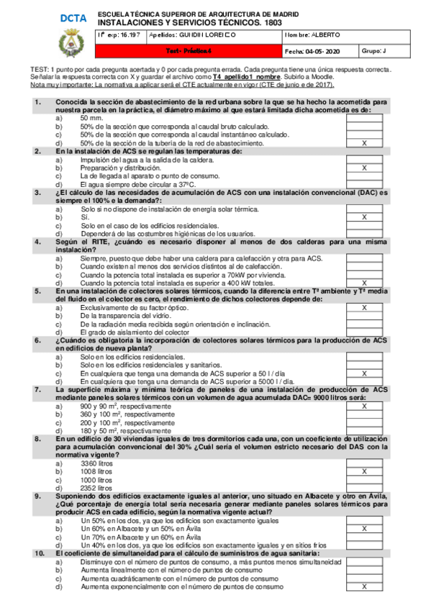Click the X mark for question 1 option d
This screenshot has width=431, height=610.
point(363,143)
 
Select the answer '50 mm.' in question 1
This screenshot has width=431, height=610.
point(91,118)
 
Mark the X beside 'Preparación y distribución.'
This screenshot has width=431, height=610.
point(363,168)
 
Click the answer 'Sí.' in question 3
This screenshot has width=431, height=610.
point(85,217)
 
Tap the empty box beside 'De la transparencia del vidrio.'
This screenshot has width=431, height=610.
point(363,315)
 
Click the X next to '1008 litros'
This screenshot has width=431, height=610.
point(363,471)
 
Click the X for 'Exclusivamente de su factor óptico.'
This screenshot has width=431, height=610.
point(363,307)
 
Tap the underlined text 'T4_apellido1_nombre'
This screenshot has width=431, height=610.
point(234,77)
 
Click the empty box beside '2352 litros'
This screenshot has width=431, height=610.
point(363,487)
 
